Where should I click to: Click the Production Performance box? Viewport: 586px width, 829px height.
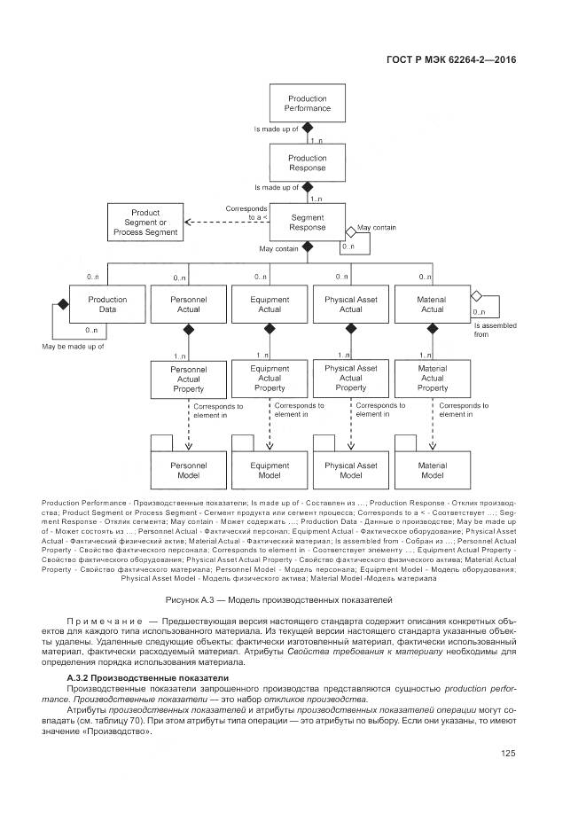(x=307, y=104)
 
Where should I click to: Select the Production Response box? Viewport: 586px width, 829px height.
(x=307, y=163)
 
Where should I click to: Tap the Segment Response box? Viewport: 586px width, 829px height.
(x=307, y=222)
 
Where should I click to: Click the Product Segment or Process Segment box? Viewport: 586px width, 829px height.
(x=145, y=223)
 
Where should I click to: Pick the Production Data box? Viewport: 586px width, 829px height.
(x=106, y=304)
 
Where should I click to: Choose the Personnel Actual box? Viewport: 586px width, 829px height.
(x=187, y=304)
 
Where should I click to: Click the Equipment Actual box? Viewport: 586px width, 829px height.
(x=270, y=304)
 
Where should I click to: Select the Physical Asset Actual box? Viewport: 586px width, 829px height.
(x=351, y=304)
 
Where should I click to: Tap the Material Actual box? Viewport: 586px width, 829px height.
(x=432, y=304)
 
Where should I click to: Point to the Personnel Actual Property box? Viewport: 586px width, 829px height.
(x=187, y=379)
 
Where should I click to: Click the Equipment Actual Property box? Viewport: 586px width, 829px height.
(x=270, y=379)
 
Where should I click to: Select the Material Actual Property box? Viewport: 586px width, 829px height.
(x=432, y=379)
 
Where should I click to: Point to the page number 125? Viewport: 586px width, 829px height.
(x=508, y=755)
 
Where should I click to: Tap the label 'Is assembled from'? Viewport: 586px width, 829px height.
(x=492, y=330)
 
